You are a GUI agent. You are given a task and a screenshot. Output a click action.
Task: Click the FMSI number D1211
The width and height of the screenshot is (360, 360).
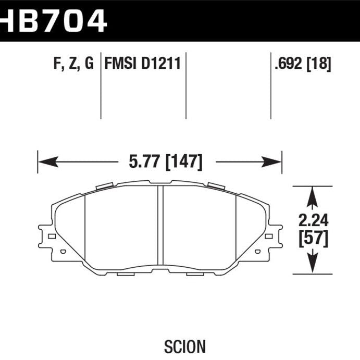pos(162,65)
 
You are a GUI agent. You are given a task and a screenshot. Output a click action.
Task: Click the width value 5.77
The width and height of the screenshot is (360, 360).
pos(142,162)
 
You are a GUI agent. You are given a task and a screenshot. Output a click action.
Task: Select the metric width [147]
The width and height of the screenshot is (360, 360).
pos(183,162)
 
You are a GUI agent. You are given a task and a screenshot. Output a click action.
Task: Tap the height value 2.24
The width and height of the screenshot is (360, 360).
pos(312,220)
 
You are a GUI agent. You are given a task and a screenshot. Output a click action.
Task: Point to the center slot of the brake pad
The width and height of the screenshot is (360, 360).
pos(160,225)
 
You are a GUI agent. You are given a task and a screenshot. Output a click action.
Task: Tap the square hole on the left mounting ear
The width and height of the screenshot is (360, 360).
pos(51,236)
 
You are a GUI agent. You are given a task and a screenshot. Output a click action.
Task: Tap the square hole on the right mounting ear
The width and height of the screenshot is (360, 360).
pos(269,236)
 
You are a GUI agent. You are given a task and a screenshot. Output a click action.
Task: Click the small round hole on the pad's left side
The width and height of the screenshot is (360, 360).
pos(63,251)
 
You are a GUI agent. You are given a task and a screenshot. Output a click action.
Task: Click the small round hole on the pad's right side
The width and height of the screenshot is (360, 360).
pos(257,251)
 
